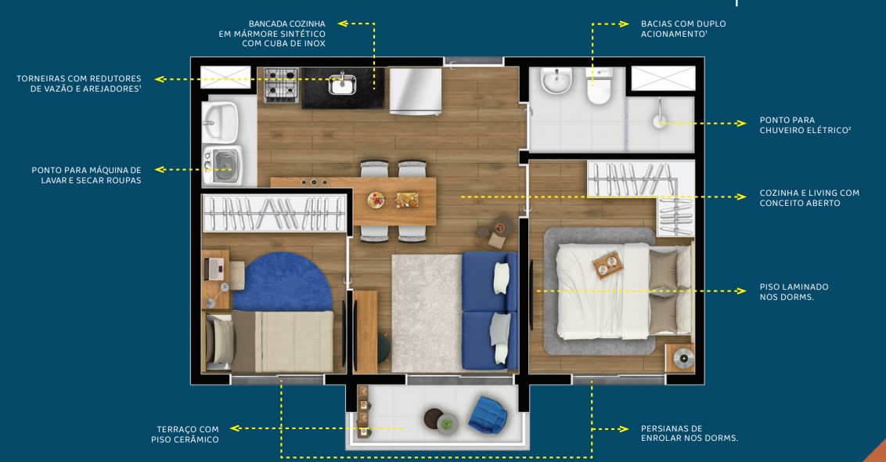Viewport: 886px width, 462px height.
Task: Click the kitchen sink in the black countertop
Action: [342, 83]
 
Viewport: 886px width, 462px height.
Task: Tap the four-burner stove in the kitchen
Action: [280, 85]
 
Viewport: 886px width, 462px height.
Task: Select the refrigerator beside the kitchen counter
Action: [415, 91]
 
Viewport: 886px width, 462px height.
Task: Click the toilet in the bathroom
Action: [599, 87]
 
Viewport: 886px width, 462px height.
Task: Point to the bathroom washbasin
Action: [556, 81]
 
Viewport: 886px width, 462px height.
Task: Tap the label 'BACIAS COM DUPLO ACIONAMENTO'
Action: [683, 29]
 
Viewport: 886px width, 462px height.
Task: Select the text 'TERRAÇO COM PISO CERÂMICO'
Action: [185, 434]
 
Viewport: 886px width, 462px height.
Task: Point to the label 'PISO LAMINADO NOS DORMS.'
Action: [794, 292]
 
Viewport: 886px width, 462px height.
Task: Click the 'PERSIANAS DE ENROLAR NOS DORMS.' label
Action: [689, 433]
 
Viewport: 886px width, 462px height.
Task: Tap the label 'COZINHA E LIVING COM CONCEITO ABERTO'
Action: [809, 197]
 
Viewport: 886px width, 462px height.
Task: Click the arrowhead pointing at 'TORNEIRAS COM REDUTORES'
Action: [160, 78]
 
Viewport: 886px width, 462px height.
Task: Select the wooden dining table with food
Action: [394, 200]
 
